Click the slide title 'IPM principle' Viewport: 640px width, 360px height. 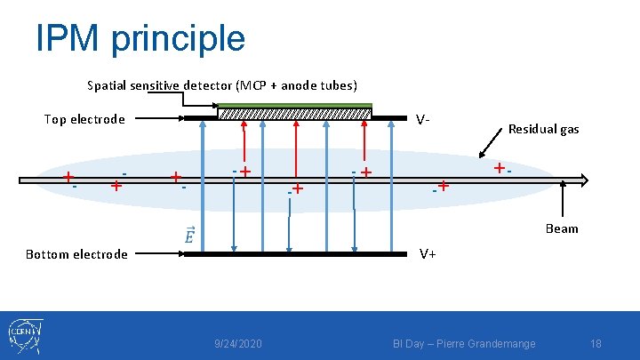click(x=140, y=37)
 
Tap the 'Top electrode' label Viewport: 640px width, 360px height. click(x=84, y=119)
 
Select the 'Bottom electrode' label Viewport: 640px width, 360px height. click(x=76, y=254)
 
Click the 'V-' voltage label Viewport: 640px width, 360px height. click(x=424, y=119)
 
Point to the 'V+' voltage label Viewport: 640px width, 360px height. click(x=427, y=253)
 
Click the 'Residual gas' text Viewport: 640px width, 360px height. click(x=543, y=129)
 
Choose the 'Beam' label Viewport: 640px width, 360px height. click(x=561, y=228)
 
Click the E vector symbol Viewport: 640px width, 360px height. click(x=188, y=236)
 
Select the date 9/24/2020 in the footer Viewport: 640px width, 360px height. click(x=238, y=343)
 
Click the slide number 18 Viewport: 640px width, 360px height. click(x=596, y=343)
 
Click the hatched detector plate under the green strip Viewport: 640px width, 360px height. click(x=294, y=114)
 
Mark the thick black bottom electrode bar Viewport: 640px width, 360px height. click(x=293, y=254)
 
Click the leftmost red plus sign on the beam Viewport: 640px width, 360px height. click(x=68, y=177)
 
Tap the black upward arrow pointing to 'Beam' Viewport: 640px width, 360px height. click(x=564, y=200)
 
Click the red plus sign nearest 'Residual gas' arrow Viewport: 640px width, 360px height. click(x=500, y=168)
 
